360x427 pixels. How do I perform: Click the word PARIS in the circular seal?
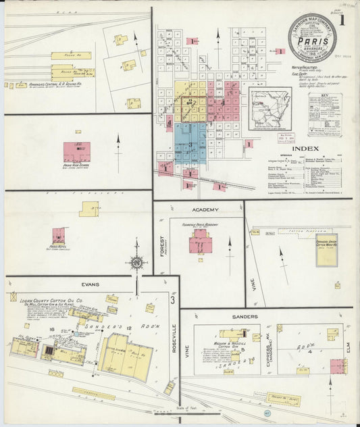point(309,39)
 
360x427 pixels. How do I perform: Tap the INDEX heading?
point(306,148)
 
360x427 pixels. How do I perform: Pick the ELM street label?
point(349,349)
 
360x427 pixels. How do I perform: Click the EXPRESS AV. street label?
point(269,352)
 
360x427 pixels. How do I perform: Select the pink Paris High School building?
point(76,151)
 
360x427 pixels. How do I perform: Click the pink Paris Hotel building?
point(59,234)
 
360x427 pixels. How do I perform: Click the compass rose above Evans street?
point(137,263)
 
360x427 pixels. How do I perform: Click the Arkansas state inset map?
point(269,107)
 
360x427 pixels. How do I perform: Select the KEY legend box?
point(324,114)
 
